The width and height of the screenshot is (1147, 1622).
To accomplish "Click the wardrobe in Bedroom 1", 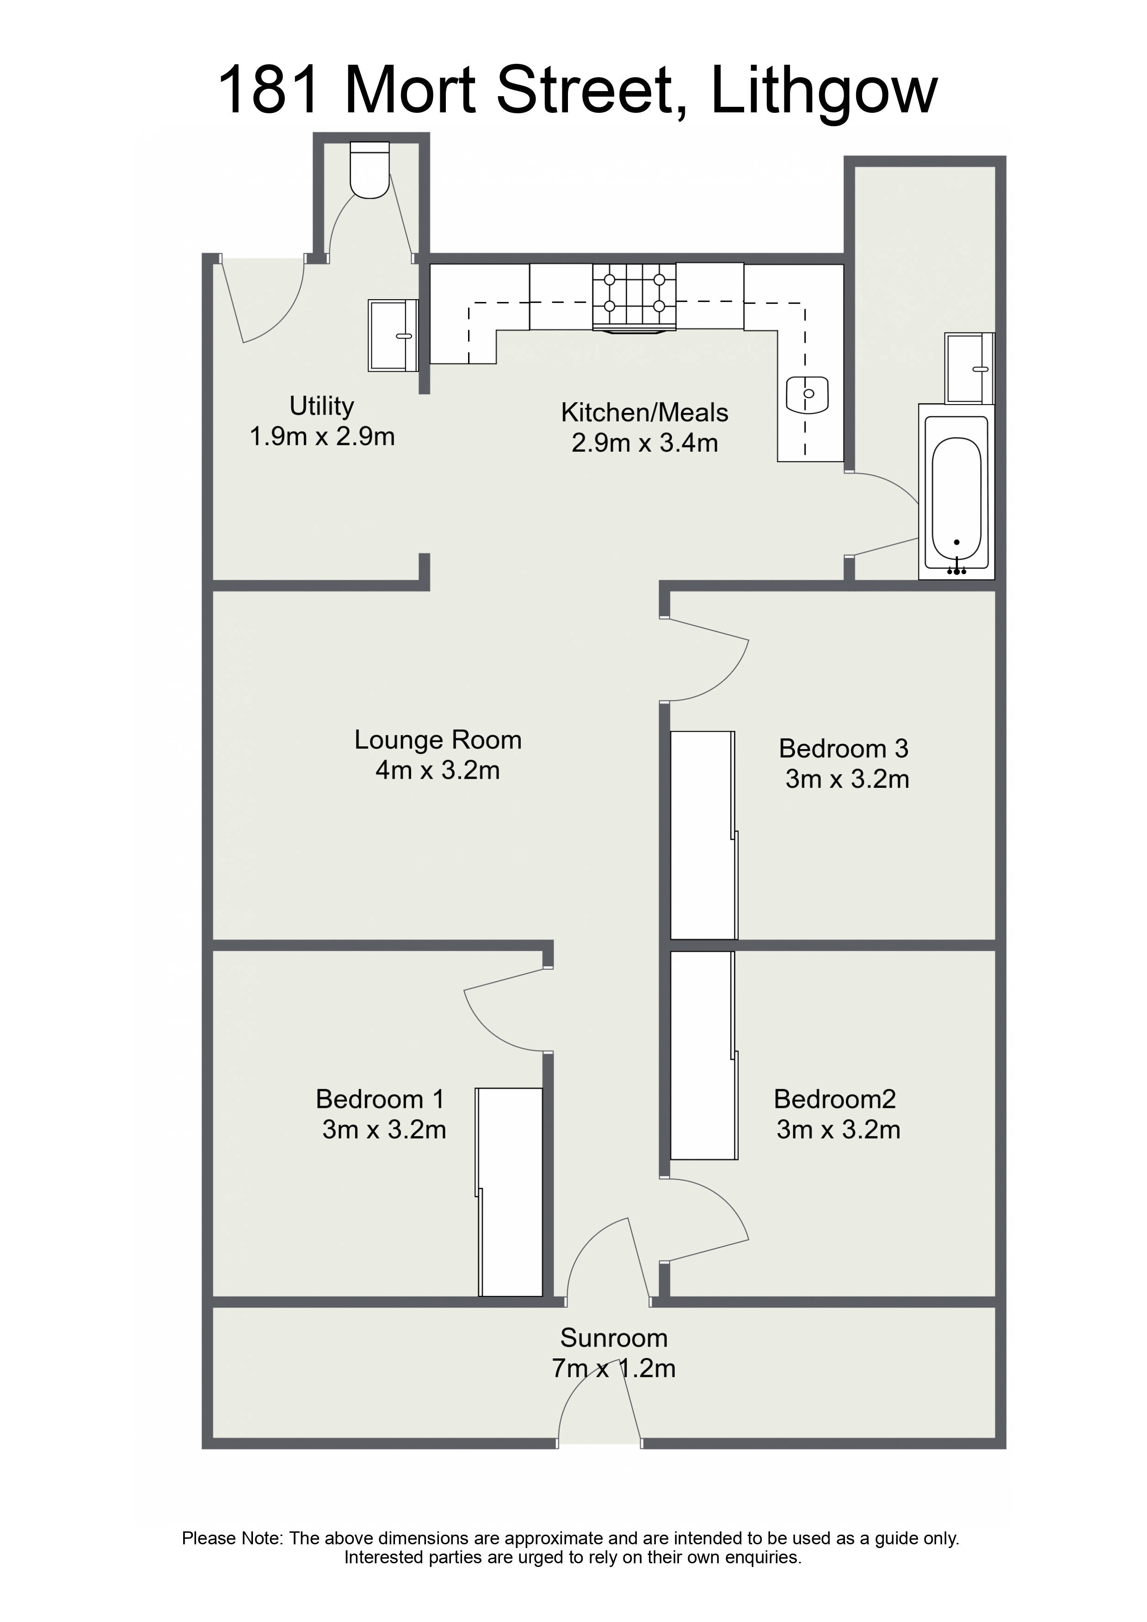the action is tap(510, 1192).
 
